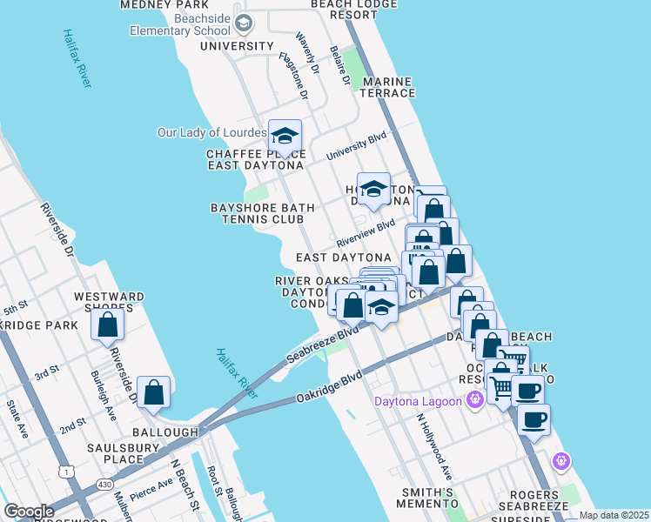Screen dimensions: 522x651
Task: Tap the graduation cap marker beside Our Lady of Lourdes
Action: pyautogui.click(x=285, y=136)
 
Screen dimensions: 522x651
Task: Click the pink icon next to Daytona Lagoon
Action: pyautogui.click(x=474, y=400)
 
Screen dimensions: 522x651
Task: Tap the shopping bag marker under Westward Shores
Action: pyautogui.click(x=108, y=325)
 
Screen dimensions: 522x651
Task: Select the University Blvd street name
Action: pyautogui.click(x=356, y=146)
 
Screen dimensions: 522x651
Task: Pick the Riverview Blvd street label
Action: pyautogui.click(x=366, y=233)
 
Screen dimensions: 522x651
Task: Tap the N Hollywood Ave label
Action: pyautogui.click(x=434, y=447)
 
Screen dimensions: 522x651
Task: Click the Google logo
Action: pyautogui.click(x=29, y=512)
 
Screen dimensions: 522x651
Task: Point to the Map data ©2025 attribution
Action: pyautogui.click(x=614, y=515)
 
